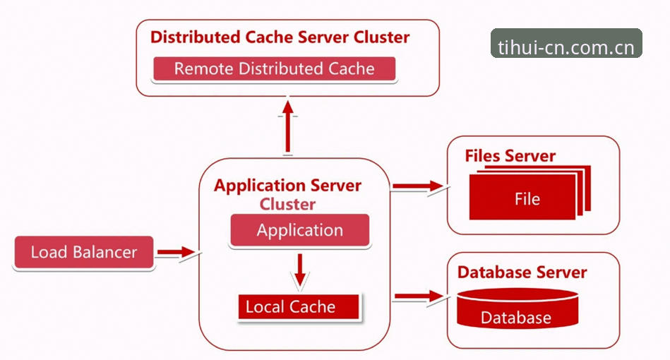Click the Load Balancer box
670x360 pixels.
tap(84, 252)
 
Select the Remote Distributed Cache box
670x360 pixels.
tap(275, 68)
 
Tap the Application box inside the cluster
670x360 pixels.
tap(300, 229)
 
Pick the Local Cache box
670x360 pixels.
tap(299, 306)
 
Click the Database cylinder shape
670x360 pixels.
tap(518, 308)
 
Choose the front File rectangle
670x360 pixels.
tap(522, 198)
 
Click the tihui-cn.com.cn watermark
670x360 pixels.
tap(566, 43)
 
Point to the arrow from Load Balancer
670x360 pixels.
tap(177, 252)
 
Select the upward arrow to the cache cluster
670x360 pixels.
tap(288, 127)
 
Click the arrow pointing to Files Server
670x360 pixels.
tap(419, 186)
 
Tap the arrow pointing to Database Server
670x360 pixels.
tap(419, 296)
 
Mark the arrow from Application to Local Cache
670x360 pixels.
tap(300, 270)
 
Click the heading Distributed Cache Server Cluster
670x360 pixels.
tap(280, 37)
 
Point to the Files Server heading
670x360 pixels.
tap(510, 156)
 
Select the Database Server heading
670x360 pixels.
tap(522, 272)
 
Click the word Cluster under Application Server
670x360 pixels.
tap(287, 204)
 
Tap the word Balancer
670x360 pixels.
tap(104, 252)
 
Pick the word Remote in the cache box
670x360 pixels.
tap(204, 68)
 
